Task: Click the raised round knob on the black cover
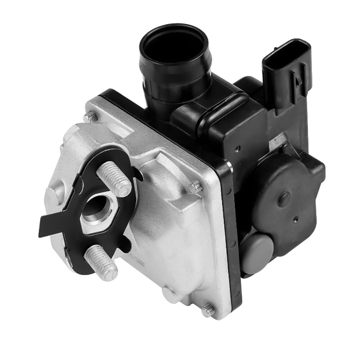tap(284, 199)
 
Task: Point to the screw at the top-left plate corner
tap(91, 117)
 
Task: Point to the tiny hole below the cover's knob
tap(295, 219)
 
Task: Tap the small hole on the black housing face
tap(238, 148)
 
